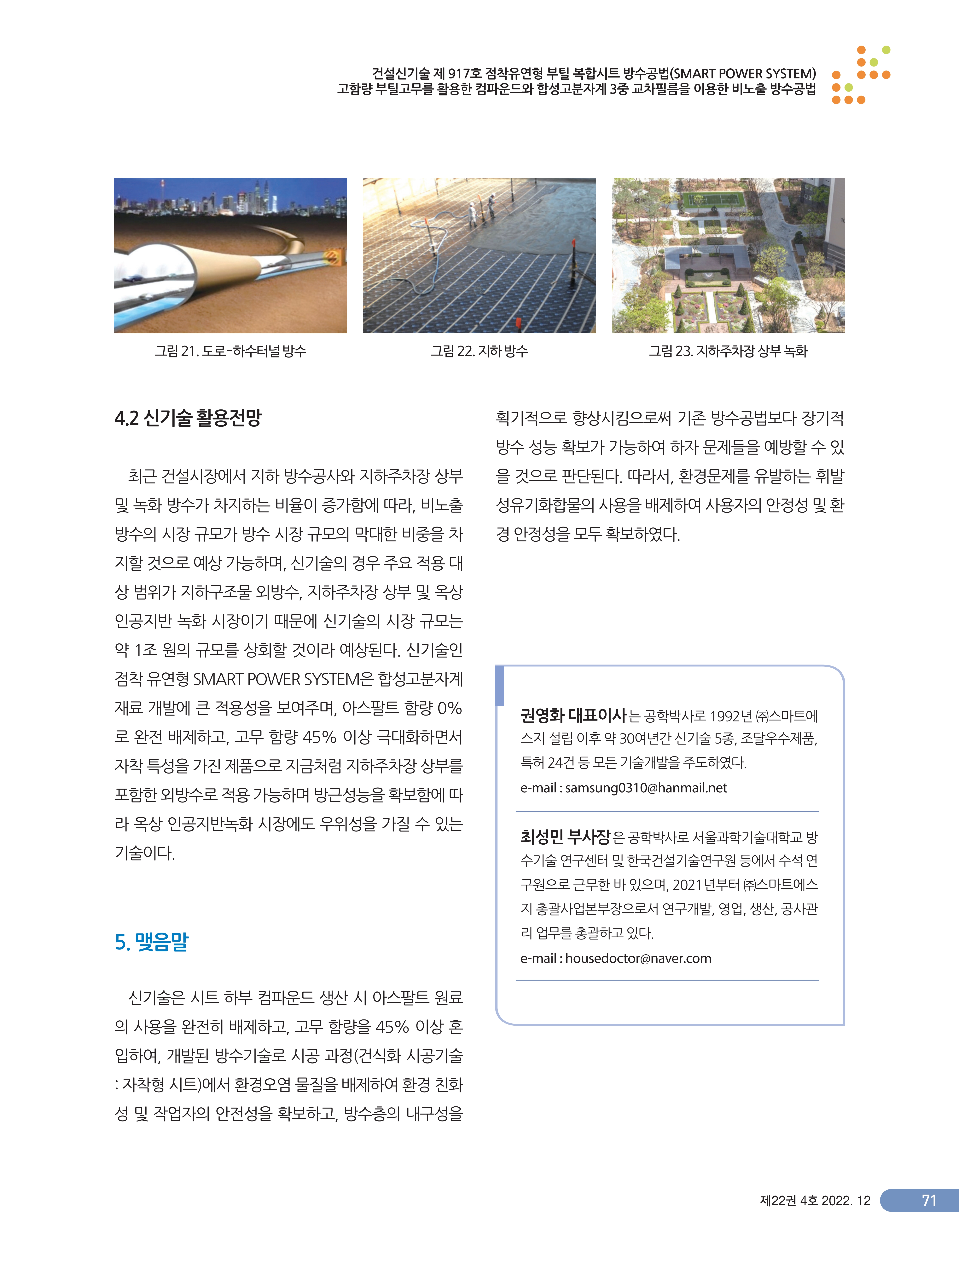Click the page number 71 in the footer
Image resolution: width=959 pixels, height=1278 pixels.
[x=928, y=1201]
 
